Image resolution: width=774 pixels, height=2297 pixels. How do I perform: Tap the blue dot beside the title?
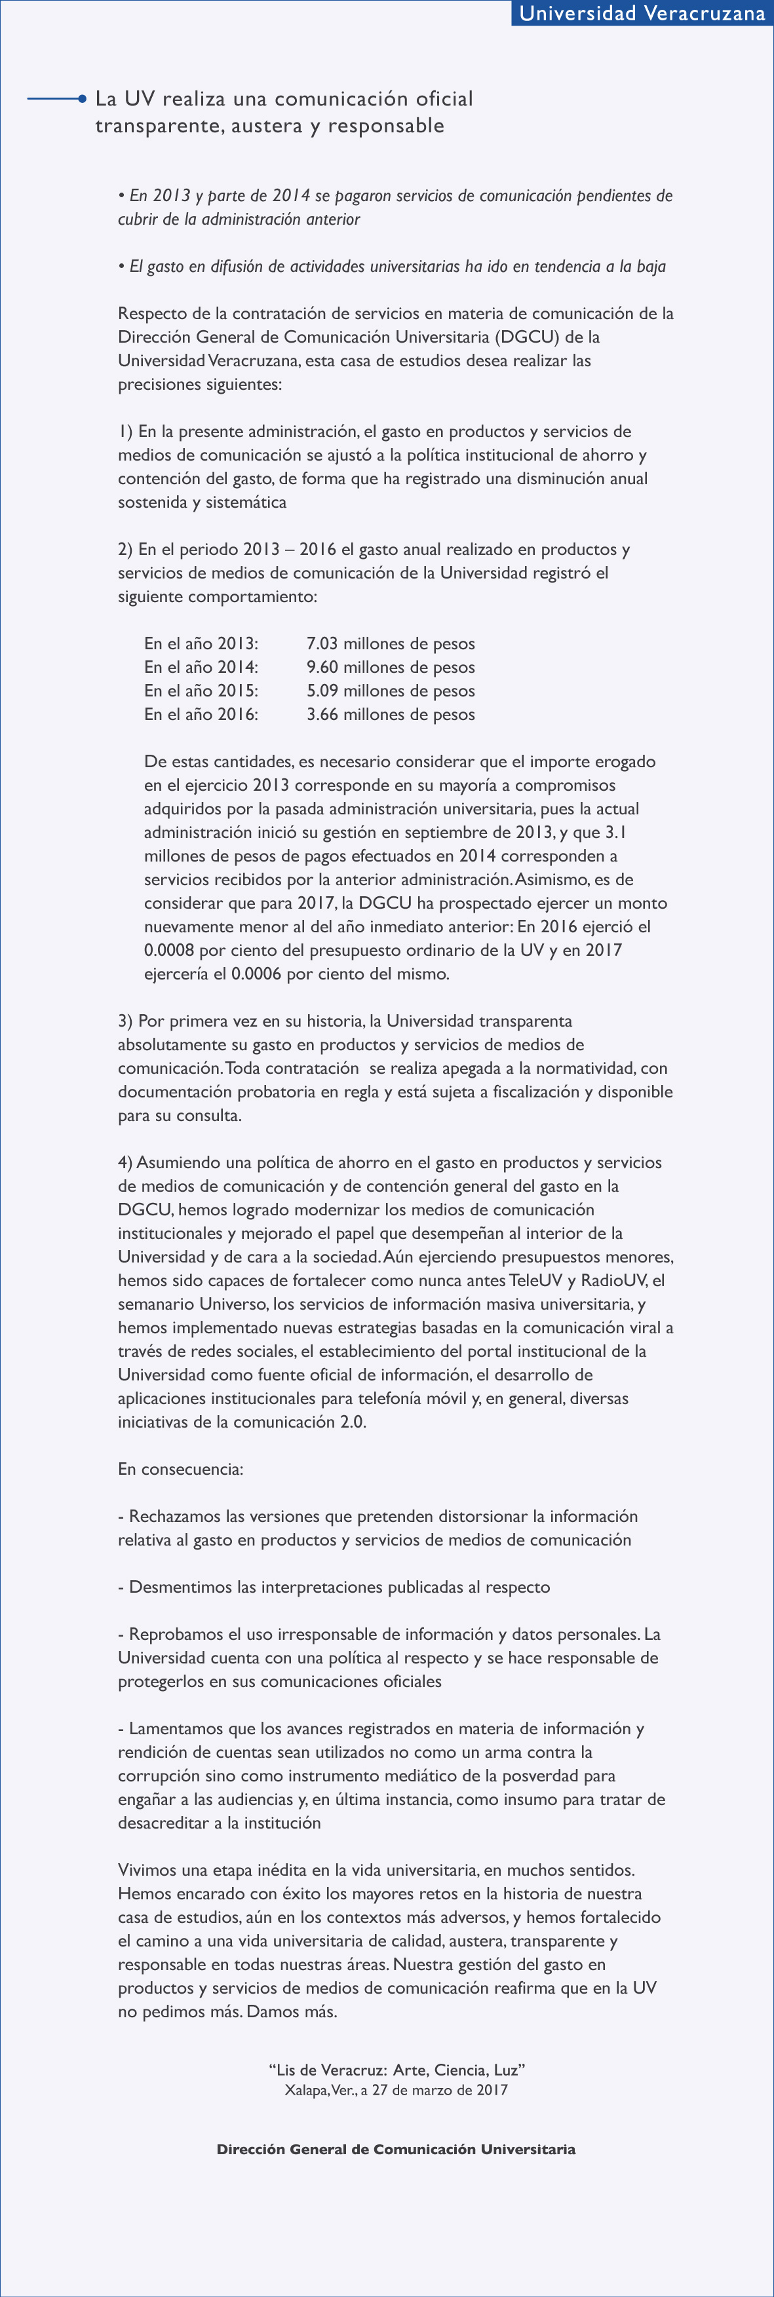[81, 99]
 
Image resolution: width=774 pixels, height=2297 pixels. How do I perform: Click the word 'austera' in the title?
[265, 126]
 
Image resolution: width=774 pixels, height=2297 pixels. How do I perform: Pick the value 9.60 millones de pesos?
[390, 667]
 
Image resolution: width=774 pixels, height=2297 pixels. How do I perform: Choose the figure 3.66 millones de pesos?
[390, 714]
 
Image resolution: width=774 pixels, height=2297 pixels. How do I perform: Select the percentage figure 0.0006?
[256, 974]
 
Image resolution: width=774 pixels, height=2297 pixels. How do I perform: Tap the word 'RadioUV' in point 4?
[613, 1280]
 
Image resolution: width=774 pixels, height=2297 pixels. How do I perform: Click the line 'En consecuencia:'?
[180, 1469]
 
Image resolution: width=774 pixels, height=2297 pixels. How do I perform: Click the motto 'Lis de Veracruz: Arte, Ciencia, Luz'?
[396, 2070]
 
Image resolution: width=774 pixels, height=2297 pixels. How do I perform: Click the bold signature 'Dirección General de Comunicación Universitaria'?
[396, 2149]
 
